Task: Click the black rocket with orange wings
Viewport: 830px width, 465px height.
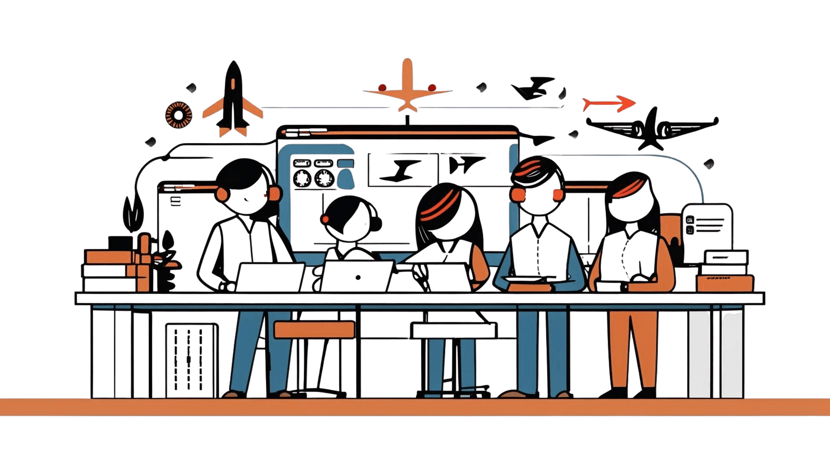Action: tap(233, 99)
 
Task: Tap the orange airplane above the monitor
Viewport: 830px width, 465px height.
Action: tap(407, 88)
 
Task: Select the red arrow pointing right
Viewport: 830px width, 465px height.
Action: tap(608, 104)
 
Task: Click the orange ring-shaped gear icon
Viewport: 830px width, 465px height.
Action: tap(178, 115)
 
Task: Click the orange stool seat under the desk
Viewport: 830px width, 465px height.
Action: tap(314, 330)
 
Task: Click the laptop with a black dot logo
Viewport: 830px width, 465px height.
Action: tap(357, 276)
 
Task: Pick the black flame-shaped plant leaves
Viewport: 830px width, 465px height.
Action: tap(131, 214)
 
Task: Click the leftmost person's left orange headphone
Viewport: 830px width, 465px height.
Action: tap(222, 194)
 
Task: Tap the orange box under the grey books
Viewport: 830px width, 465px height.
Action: tap(724, 283)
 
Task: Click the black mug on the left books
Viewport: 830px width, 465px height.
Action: tap(120, 243)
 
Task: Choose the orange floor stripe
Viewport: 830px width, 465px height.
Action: tap(415, 407)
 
